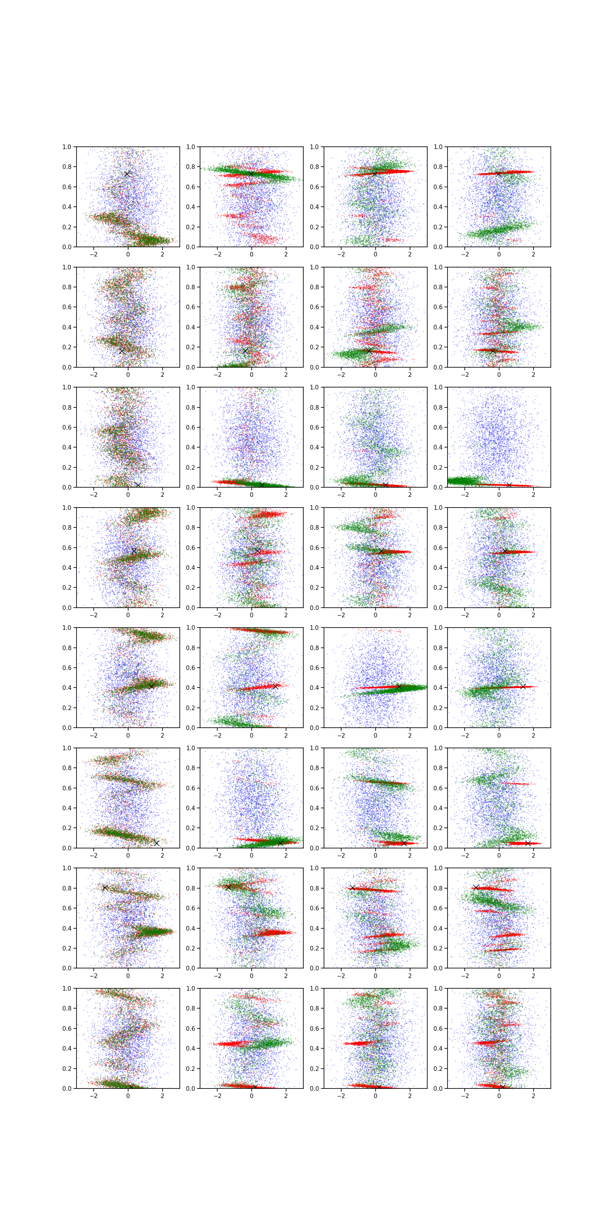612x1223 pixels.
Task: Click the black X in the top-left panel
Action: pos(127,174)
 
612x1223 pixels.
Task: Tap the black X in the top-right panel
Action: pos(498,174)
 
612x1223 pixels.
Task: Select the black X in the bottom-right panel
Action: pos(502,1086)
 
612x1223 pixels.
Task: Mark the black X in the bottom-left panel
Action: pos(131,1086)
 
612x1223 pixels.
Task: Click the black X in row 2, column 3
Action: pos(369,351)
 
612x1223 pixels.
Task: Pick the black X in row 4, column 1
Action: pos(134,551)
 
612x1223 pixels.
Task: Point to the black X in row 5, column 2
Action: pos(275,686)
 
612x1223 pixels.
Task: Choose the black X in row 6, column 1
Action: pos(156,843)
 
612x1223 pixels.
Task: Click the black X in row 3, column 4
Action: pos(509,485)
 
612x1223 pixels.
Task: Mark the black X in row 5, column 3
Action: pos(399,686)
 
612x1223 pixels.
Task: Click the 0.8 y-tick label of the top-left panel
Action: pos(67,167)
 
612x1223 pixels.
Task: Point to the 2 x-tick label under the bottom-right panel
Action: pos(533,1096)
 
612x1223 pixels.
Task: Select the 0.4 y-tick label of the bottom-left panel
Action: pos(67,1048)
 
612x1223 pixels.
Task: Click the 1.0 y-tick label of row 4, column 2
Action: pos(190,508)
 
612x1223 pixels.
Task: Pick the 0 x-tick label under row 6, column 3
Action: pos(375,856)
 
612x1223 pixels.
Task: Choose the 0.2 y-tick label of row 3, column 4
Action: pos(438,467)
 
